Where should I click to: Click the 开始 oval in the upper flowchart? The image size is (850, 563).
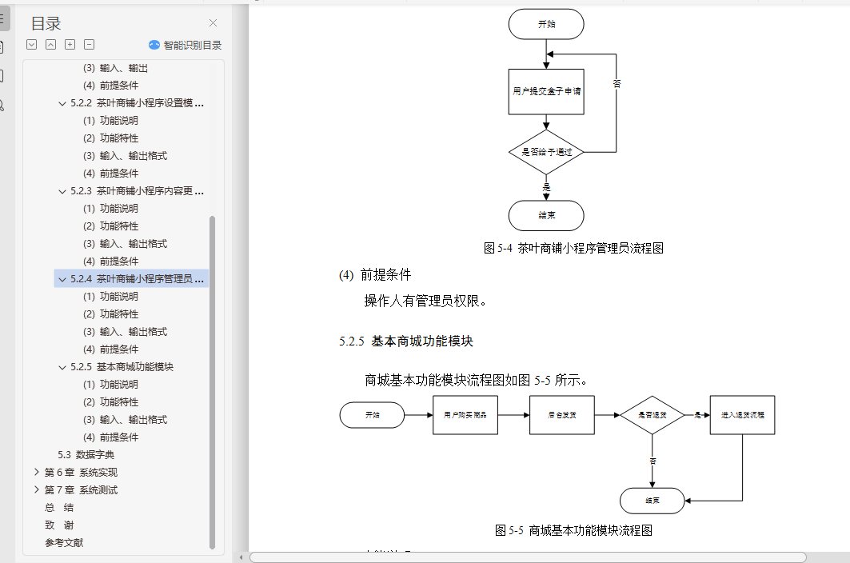tap(546, 24)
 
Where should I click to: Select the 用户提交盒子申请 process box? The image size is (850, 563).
tap(546, 91)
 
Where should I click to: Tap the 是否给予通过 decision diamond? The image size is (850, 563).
tap(546, 151)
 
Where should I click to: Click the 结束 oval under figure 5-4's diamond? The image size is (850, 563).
tap(546, 215)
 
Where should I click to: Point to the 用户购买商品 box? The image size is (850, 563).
tap(465, 415)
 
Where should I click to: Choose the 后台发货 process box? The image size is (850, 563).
tap(561, 415)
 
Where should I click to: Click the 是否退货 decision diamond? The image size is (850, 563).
tap(652, 415)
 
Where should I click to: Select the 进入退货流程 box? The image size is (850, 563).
tap(742, 415)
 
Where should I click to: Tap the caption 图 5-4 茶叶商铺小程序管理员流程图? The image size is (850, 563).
tap(573, 248)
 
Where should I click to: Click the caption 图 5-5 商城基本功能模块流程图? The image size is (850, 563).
tap(574, 529)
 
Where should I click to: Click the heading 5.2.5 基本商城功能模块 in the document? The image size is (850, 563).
tap(406, 341)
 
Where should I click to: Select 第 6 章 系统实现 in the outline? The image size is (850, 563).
tap(81, 472)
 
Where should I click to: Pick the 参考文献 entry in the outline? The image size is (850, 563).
tap(64, 542)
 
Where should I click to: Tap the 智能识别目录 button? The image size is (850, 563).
tap(185, 46)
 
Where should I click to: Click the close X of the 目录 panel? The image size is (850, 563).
tap(213, 23)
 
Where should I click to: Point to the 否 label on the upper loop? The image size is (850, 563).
tap(617, 82)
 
